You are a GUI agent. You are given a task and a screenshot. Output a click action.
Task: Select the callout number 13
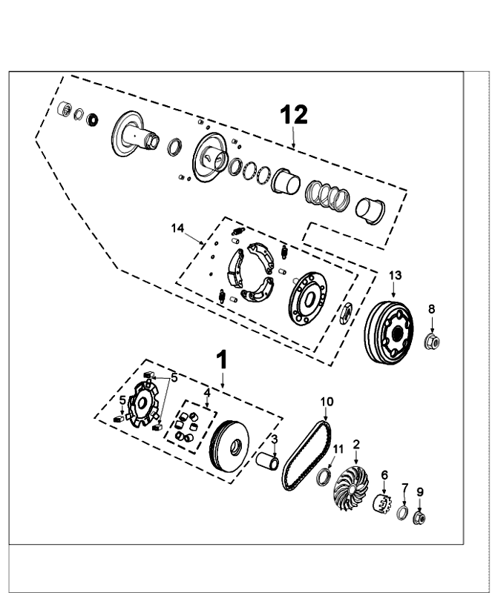coord(395,275)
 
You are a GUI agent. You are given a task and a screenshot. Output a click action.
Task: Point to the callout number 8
coord(431,309)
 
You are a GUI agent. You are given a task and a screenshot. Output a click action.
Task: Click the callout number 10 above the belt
coord(327,402)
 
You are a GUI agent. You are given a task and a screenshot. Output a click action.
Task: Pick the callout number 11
coord(338,449)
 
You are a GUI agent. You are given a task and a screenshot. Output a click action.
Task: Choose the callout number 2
coord(356,444)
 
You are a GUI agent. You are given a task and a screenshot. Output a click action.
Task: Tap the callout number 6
coord(384,475)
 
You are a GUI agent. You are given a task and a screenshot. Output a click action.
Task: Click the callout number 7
coord(405,487)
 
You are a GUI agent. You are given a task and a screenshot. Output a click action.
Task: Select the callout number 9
coord(419,491)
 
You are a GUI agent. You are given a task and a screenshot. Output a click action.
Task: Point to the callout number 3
coord(274,439)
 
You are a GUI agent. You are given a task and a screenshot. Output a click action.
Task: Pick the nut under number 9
coord(419,517)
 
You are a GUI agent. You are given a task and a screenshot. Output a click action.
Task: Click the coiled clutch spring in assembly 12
coord(327,193)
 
